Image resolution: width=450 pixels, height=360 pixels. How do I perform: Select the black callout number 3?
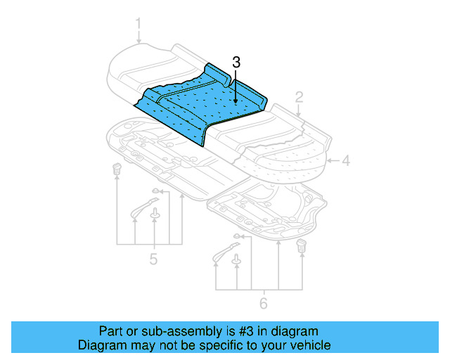[236, 63]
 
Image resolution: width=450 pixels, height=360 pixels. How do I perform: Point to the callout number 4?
[346, 160]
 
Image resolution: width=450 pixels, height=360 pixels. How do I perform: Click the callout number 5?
[153, 259]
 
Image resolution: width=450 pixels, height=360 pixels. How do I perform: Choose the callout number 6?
[264, 303]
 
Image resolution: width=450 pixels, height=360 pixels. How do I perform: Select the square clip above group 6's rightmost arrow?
[303, 245]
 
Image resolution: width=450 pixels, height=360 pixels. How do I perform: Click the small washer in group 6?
[237, 236]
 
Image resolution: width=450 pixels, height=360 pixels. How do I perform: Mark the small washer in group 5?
[155, 191]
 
